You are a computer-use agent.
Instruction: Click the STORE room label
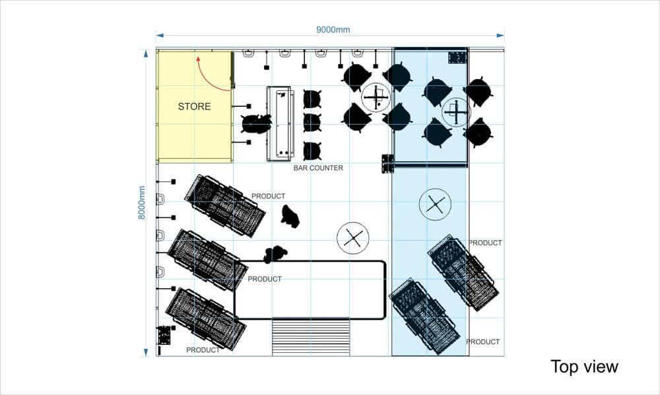pos(194,106)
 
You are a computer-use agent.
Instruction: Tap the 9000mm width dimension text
pos(333,30)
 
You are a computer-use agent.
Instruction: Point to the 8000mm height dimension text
pos(142,202)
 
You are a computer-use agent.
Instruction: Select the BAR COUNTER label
pos(318,168)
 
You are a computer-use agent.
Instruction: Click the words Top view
pos(584,367)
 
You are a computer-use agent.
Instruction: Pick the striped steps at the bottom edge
pos(311,337)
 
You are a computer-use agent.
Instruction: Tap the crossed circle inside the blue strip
pos(435,204)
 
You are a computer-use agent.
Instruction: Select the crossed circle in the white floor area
pos(352,238)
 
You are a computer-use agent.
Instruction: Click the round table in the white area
pos(376,98)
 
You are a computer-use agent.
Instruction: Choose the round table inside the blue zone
pos(456,112)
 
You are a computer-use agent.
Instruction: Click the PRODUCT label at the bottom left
pos(203,350)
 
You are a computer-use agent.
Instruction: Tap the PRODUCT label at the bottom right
pos(483,342)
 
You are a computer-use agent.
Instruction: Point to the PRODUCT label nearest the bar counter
pos(268,196)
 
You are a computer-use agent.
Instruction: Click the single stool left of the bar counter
pos(256,124)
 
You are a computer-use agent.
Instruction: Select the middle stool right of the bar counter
pos(312,123)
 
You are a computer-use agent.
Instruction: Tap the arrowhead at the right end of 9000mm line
pos(500,36)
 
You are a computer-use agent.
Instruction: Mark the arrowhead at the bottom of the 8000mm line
pos(146,352)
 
